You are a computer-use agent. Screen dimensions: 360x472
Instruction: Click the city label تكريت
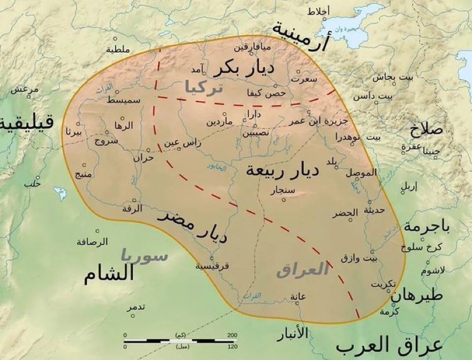click(x=384, y=284)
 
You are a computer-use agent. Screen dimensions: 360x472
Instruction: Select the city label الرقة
click(x=133, y=209)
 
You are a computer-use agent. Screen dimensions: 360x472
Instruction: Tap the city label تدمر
click(x=136, y=307)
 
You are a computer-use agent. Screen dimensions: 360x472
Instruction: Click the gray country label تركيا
click(x=203, y=87)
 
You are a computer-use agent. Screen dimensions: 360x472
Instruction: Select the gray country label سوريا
click(x=145, y=255)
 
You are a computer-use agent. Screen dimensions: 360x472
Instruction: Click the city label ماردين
click(x=220, y=123)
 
